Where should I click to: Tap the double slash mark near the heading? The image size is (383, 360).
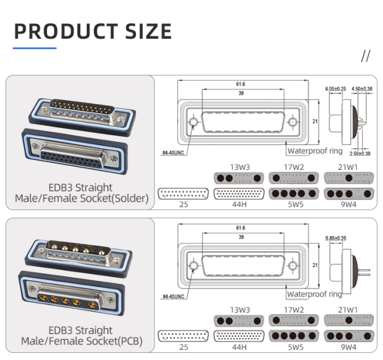coord(366,56)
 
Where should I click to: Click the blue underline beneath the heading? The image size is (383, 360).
coord(35,47)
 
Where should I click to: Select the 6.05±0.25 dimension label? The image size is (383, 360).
coord(335,89)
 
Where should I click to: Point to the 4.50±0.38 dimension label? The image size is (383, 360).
coord(361,89)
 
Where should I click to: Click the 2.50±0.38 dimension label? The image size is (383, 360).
coord(360,154)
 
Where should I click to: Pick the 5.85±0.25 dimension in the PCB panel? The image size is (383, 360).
coord(335,239)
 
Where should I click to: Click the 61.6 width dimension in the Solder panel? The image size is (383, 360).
coord(241,84)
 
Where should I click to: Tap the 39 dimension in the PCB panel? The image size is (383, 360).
coord(241,237)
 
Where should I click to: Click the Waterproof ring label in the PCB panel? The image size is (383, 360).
coord(314,294)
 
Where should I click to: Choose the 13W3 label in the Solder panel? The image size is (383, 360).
coord(239,167)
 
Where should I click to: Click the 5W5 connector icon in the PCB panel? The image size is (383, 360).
coord(294,336)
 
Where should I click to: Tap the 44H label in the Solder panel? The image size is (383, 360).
coord(239,205)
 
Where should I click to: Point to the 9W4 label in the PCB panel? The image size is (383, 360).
coord(349,347)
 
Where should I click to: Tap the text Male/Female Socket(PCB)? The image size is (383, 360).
coord(81,341)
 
